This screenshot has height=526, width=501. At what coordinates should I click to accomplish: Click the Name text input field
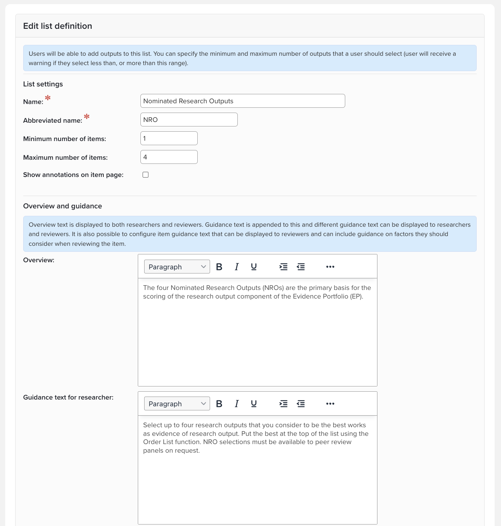(242, 101)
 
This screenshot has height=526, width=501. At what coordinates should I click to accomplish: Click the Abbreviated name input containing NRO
(189, 120)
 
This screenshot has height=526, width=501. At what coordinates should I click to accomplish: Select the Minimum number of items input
(169, 138)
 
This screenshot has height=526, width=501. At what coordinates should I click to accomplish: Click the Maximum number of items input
(169, 157)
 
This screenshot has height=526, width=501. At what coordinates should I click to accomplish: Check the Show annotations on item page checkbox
(146, 175)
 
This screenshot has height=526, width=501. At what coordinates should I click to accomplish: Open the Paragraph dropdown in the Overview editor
(177, 267)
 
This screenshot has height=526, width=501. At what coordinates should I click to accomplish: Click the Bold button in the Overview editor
(219, 267)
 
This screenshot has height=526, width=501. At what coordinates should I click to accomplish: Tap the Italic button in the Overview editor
(237, 267)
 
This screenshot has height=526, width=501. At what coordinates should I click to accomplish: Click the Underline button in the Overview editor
(254, 267)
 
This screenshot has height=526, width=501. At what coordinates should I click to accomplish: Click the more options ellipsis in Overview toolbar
(330, 267)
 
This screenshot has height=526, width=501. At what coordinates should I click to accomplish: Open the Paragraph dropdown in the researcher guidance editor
(177, 404)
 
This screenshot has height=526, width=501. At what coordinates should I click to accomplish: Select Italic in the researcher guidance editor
(237, 404)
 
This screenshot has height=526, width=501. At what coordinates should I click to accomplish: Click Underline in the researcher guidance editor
(254, 404)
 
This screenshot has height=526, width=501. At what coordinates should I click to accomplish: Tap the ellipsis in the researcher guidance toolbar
(330, 404)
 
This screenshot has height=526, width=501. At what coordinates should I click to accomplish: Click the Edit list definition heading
(58, 26)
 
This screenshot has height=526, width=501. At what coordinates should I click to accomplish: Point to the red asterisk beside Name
(48, 98)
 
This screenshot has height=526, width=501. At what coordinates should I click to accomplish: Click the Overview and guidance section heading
(63, 206)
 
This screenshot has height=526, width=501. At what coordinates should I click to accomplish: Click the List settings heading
(43, 84)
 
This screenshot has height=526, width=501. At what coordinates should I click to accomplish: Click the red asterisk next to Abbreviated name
(87, 117)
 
